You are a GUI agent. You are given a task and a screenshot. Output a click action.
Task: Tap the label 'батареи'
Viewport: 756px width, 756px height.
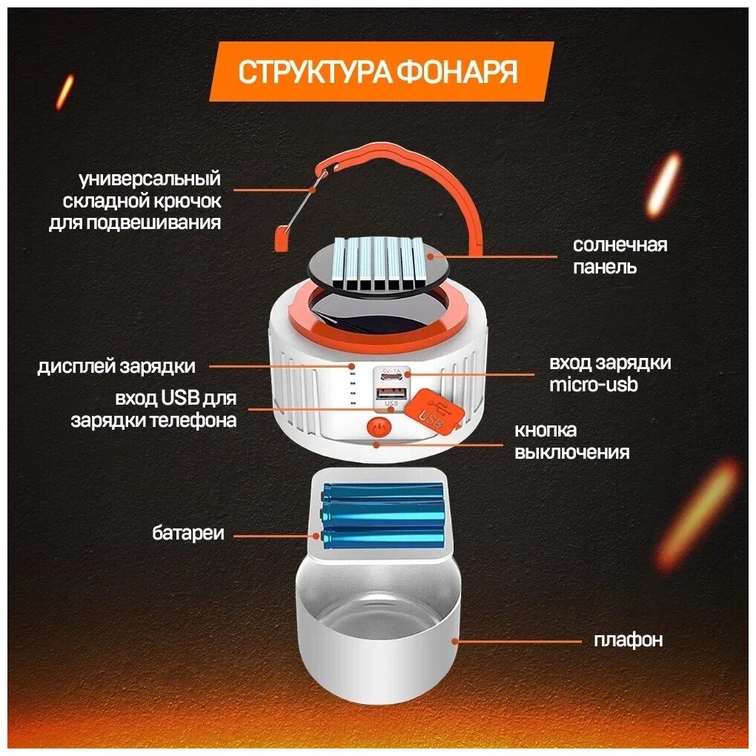pos(188,533)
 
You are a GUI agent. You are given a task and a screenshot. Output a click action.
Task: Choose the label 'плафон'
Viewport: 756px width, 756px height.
pos(628,640)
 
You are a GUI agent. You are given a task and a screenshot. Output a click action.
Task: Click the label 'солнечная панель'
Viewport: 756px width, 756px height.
pos(620,256)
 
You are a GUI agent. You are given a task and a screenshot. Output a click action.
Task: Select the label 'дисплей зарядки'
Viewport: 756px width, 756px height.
pos(116,366)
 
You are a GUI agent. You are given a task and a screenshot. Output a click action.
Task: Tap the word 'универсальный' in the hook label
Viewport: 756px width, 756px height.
pos(150,179)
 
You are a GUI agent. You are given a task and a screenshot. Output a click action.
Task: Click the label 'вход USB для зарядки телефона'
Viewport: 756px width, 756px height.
pos(153,409)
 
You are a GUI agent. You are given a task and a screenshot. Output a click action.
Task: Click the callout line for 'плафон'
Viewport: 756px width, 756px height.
pos(518,640)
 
